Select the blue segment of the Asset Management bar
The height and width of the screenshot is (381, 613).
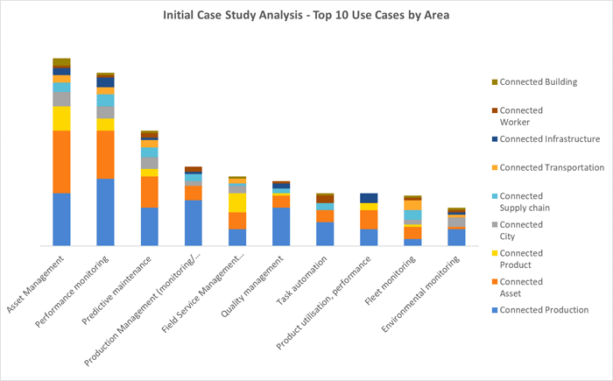(x=61, y=219)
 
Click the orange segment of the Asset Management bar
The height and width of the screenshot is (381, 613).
(x=61, y=161)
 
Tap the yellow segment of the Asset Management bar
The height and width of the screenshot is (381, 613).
(x=61, y=118)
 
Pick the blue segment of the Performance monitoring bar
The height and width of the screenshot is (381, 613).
(x=105, y=211)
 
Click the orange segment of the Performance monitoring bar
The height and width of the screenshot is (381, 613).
(x=105, y=154)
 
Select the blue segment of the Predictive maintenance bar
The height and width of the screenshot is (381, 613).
(x=149, y=226)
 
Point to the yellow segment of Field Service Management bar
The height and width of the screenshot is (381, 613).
(x=237, y=202)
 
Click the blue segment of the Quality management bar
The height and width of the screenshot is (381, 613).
(x=281, y=226)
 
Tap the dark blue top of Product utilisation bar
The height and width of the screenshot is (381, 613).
(x=369, y=198)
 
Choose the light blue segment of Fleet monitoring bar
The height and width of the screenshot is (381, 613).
(x=412, y=215)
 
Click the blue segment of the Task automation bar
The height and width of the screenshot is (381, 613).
(x=325, y=233)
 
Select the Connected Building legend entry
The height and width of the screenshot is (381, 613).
(x=534, y=82)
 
